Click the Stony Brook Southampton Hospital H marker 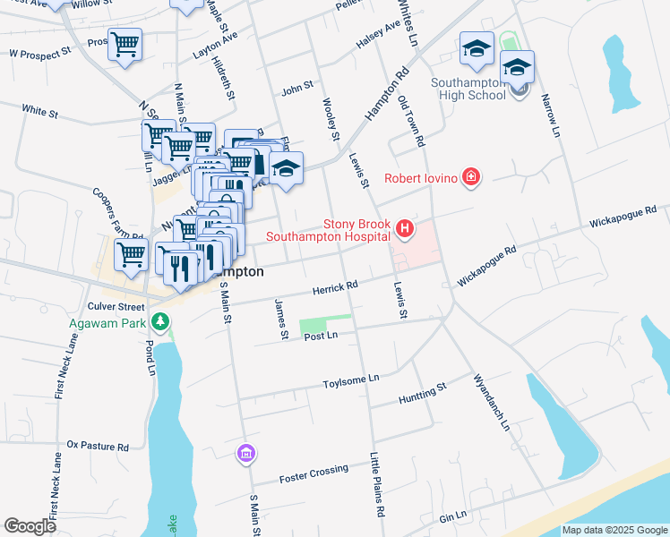tap(405, 230)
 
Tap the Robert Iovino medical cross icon tap(470, 178)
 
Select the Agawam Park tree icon tap(159, 320)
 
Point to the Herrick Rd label tap(335, 286)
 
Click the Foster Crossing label tap(314, 473)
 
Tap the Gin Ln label tap(453, 516)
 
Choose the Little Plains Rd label tap(379, 484)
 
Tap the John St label tap(297, 88)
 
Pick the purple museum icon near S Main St tap(245, 454)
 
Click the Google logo tap(30, 526)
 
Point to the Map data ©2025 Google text tap(614, 531)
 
